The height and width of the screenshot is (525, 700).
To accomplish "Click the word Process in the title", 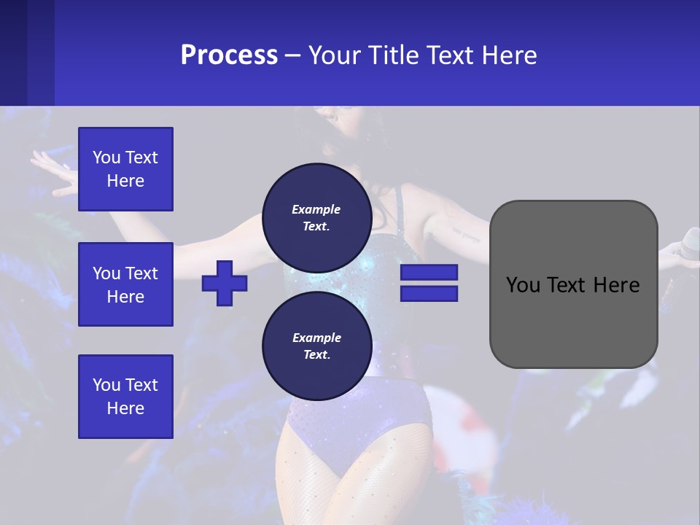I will coord(229,55).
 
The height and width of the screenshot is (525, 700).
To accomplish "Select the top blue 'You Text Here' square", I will coord(125,169).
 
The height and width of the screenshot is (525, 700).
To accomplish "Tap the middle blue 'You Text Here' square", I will coord(125,284).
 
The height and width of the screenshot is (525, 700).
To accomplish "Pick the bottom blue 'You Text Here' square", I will coord(125,397).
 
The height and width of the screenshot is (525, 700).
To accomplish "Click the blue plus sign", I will coord(225,283).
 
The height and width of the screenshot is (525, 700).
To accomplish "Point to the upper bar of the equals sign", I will coord(429,272).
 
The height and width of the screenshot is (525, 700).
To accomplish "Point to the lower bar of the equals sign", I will coord(429,294).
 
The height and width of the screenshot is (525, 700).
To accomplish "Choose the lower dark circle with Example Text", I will coord(316,346).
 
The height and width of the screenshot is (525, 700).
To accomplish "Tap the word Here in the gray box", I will coord(618,285).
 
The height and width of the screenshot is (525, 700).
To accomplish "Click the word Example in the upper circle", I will coord(316,209).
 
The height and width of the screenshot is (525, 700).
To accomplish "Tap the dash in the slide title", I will coord(293,55).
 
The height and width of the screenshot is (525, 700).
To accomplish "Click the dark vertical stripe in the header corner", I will coord(41,52).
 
